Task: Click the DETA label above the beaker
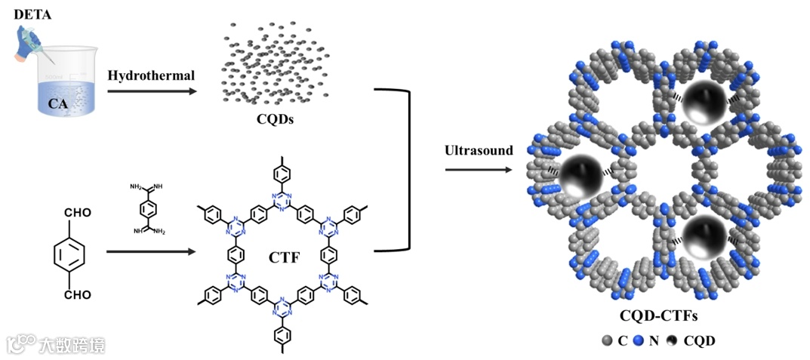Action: (x=32, y=14)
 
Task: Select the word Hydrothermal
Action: (x=151, y=75)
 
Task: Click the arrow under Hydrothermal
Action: (x=151, y=91)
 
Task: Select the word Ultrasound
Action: (x=479, y=150)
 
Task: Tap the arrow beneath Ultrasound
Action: (x=479, y=169)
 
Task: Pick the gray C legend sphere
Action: (x=605, y=340)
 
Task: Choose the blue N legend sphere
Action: (x=637, y=340)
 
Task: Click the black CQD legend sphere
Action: (x=670, y=340)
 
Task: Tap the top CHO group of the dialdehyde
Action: (x=79, y=213)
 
